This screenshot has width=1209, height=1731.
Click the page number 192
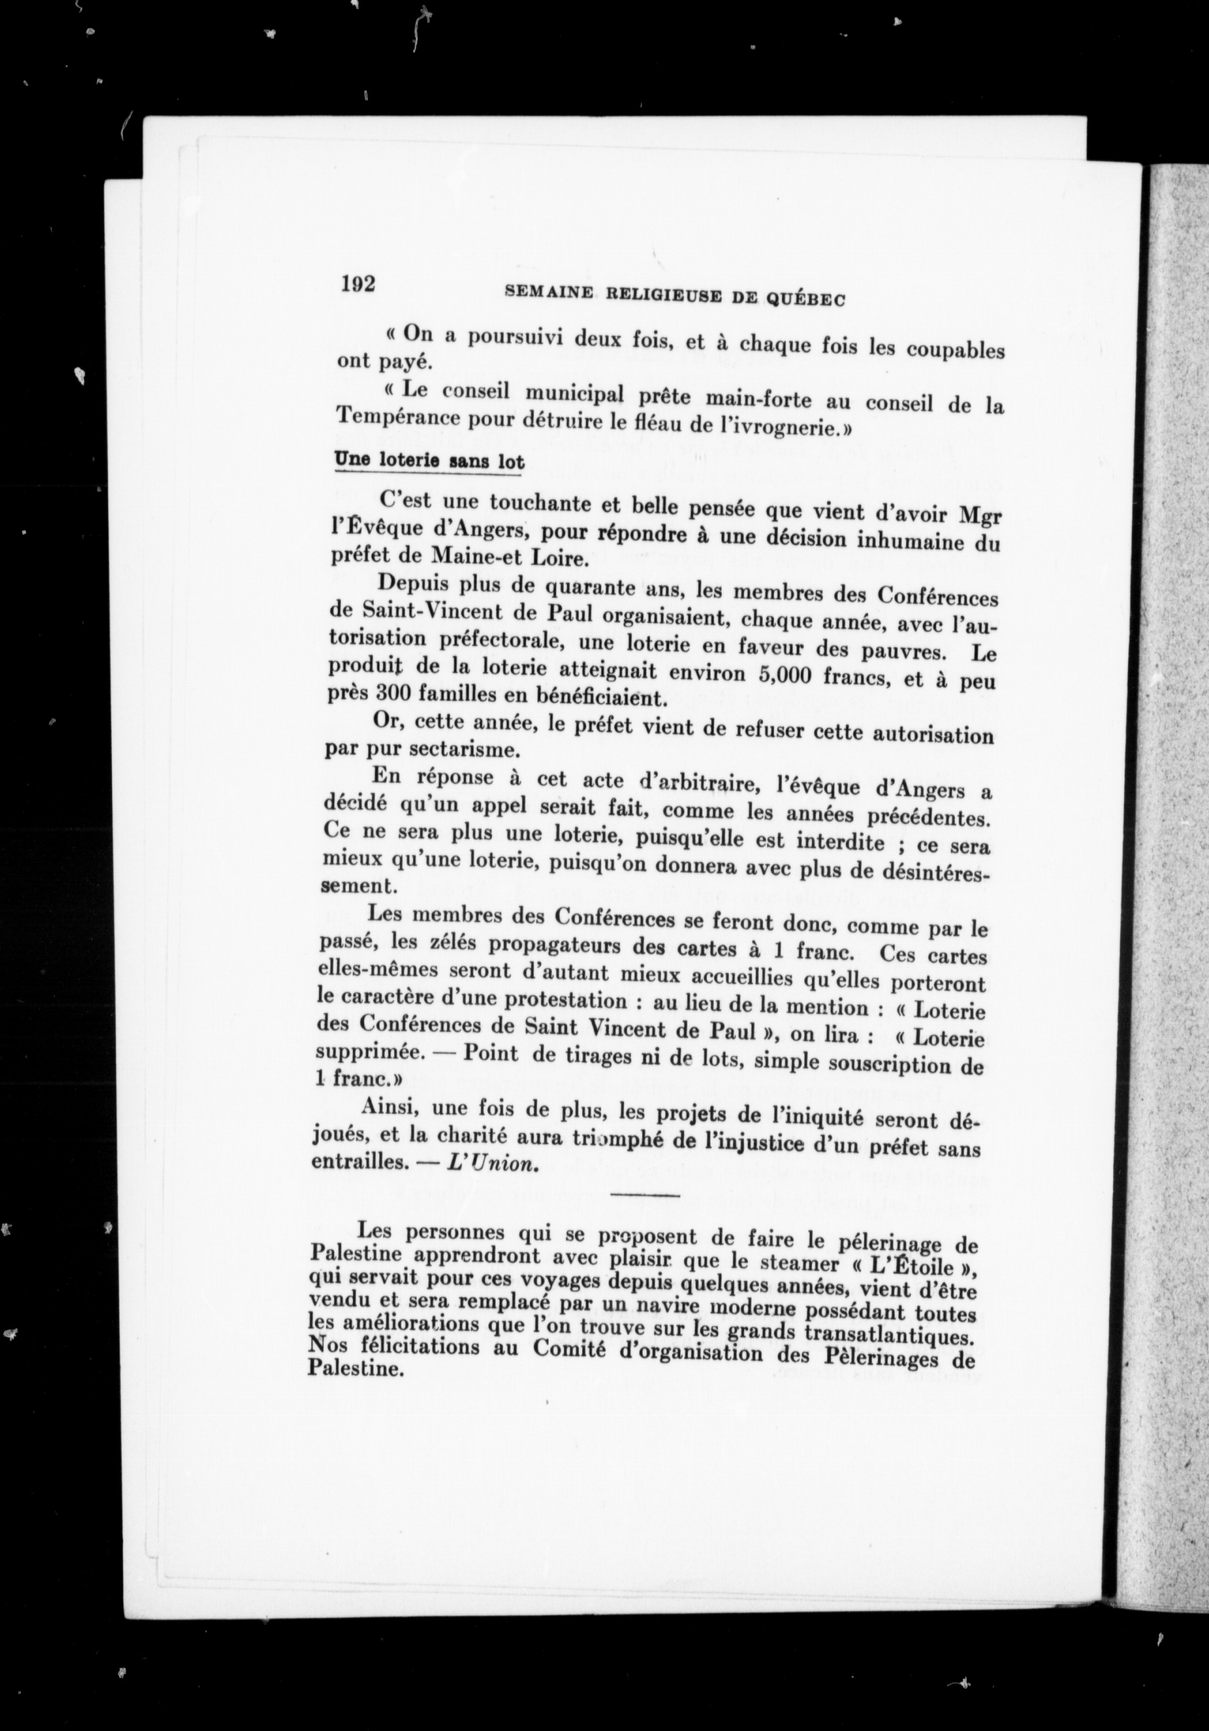click(x=358, y=285)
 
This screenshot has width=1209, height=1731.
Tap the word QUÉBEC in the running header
click(x=806, y=299)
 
